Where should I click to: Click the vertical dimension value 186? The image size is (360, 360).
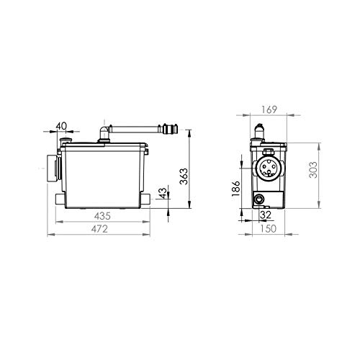(235, 189)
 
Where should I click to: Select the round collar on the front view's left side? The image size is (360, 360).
(49, 168)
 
